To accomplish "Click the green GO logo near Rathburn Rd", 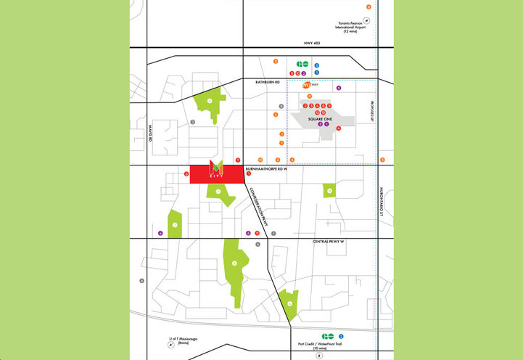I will coord(302,65).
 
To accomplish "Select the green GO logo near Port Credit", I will coord(328,336).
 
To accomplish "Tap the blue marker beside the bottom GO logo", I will coord(341,336).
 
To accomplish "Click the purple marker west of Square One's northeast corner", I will coord(338,88).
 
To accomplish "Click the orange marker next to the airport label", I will coord(368,7).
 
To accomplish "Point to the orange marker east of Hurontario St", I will coord(382,160).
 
